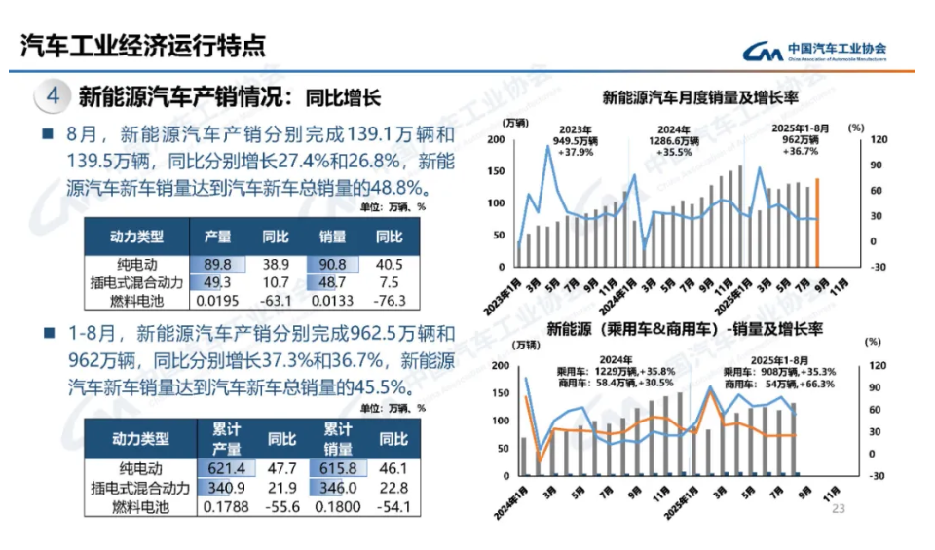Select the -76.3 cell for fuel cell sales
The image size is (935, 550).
click(x=391, y=300)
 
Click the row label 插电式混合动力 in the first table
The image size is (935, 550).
click(x=132, y=282)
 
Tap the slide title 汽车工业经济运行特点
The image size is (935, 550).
click(x=142, y=46)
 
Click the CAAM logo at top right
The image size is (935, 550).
click(x=814, y=51)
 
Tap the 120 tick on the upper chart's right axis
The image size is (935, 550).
click(x=879, y=140)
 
